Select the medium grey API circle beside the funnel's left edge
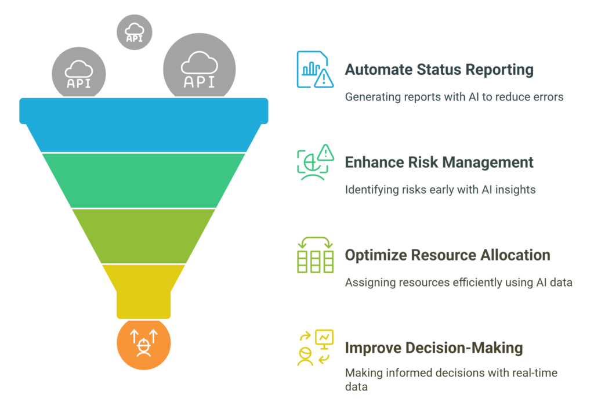point(79,75)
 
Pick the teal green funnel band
point(144,180)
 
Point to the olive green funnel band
point(144,235)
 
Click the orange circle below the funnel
point(143,345)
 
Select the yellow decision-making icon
point(315,348)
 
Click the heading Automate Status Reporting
point(439,70)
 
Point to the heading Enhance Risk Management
point(439,162)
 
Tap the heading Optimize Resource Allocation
point(447,255)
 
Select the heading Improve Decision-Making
point(434,348)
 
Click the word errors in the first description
point(548,97)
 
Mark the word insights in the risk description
point(516,189)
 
